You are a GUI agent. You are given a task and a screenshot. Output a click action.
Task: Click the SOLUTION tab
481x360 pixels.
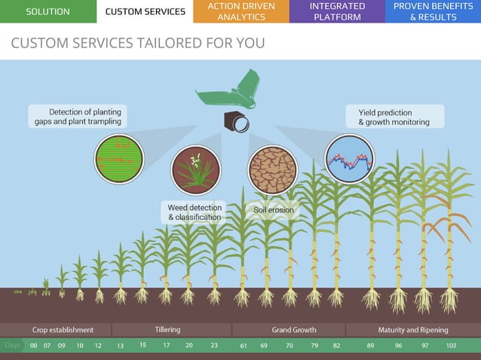click(47, 11)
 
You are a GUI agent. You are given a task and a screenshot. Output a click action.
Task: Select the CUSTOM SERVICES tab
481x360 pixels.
click(145, 11)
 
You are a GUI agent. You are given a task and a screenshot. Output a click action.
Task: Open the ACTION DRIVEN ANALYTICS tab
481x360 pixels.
click(241, 11)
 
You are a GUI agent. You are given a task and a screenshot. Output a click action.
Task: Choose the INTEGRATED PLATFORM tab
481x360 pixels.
click(337, 11)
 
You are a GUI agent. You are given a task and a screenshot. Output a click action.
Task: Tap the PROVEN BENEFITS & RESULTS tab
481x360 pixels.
click(433, 11)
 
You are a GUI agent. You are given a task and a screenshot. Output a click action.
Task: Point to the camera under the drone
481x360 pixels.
click(236, 121)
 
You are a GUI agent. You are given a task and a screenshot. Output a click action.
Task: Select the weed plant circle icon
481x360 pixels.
click(196, 170)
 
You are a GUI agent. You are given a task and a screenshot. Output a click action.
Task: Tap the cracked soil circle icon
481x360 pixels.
click(272, 170)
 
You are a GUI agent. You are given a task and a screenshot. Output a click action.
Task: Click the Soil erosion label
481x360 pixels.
click(274, 210)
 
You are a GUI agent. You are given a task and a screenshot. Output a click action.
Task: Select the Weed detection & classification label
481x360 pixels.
click(195, 212)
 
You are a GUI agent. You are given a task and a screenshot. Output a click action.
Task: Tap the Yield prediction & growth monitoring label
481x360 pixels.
click(394, 117)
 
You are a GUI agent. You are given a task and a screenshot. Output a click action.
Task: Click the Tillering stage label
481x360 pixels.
click(167, 330)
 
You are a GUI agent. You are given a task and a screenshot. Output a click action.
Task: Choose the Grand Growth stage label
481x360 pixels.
click(294, 330)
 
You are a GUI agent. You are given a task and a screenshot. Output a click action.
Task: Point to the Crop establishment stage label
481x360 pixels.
click(63, 330)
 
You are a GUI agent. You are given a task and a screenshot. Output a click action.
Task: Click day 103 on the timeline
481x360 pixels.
click(451, 346)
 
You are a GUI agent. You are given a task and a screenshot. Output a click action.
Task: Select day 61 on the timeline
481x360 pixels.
click(244, 346)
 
